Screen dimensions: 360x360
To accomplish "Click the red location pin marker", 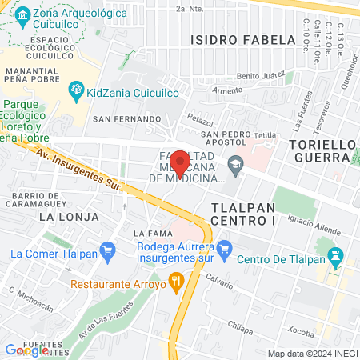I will point(180,163).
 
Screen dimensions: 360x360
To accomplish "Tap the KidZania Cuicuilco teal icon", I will point(77,89).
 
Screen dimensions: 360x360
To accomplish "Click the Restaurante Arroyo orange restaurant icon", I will point(177,282).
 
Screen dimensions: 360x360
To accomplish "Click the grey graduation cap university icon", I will point(235,168).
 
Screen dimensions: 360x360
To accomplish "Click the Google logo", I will point(26,350).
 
